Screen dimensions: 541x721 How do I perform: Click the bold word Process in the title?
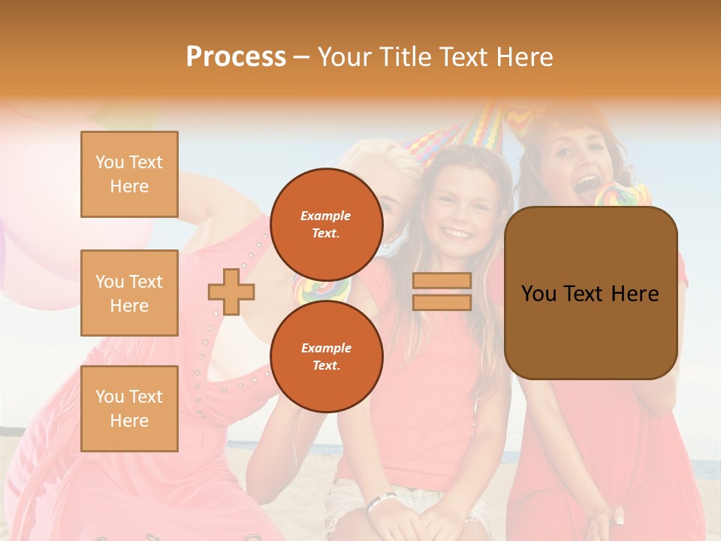(x=236, y=57)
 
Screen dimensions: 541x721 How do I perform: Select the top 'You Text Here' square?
(x=129, y=174)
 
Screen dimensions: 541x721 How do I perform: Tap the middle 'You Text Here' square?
(x=129, y=293)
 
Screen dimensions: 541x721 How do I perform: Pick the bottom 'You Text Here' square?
(x=129, y=409)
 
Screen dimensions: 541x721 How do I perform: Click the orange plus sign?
(x=231, y=292)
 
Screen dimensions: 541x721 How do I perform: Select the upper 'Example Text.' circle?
(x=326, y=225)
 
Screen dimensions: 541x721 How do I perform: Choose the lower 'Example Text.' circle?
(x=326, y=357)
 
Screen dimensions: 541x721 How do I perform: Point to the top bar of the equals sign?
(x=442, y=281)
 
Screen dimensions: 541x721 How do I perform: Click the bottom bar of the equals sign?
(x=442, y=302)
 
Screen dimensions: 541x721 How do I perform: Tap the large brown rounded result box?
(x=590, y=293)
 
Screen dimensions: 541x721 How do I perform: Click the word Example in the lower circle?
(x=326, y=348)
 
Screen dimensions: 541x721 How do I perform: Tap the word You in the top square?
(x=110, y=162)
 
